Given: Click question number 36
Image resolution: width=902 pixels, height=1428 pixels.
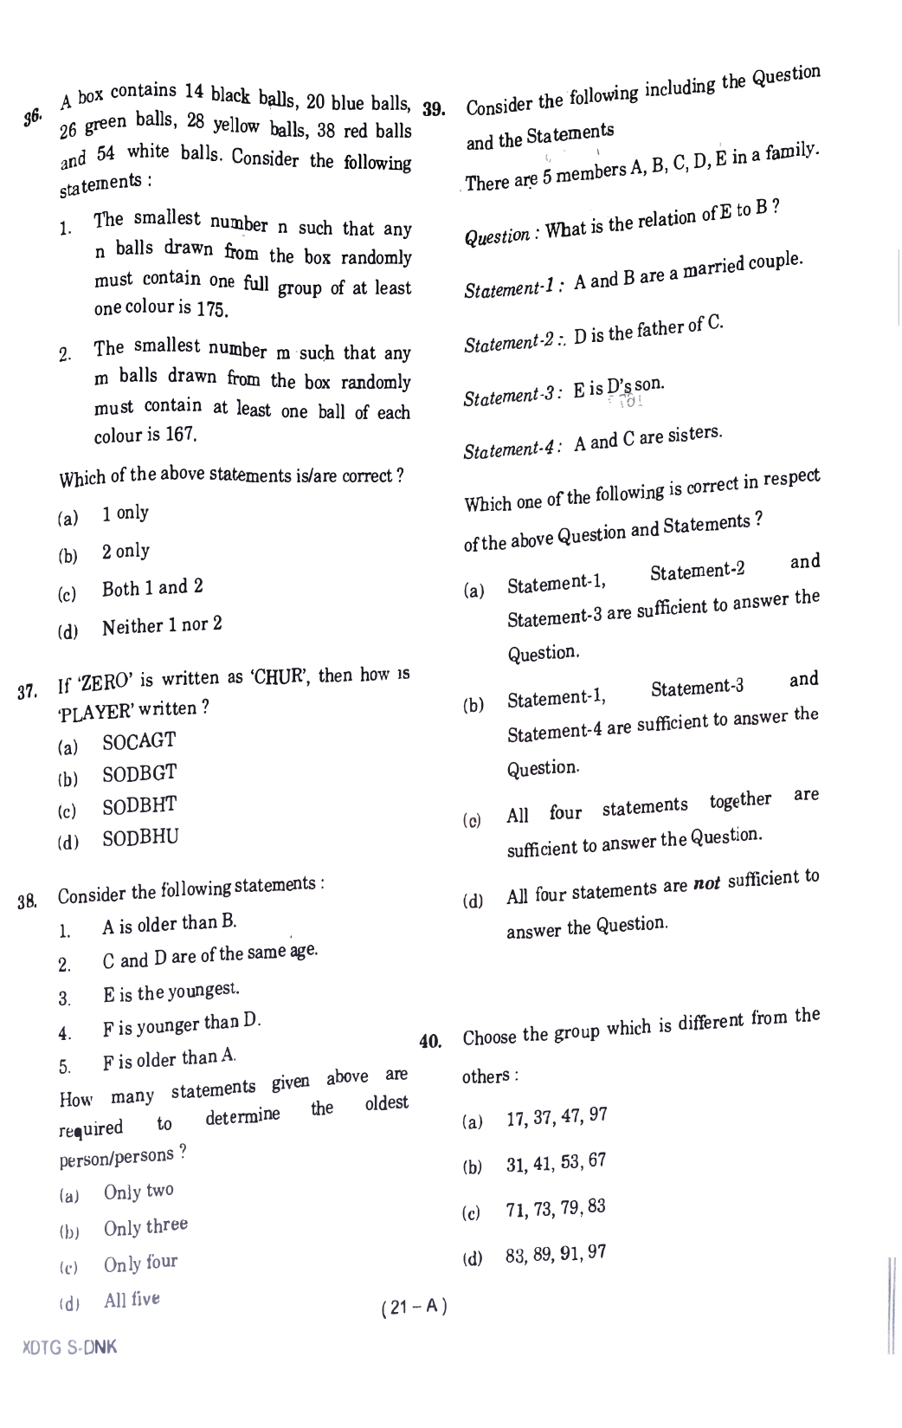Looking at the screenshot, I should (x=32, y=117).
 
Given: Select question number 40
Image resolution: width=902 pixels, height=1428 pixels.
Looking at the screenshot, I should (x=430, y=1042).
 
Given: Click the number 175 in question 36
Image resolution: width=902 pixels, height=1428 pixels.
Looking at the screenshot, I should (x=212, y=310).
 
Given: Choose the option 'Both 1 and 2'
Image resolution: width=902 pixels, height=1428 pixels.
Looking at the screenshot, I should (x=152, y=588).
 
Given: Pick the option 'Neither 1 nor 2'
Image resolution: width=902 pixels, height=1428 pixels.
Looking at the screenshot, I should (x=162, y=625).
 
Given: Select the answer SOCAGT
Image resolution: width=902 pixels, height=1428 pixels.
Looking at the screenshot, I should (x=139, y=742).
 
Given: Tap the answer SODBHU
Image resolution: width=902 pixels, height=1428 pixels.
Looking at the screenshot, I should (x=140, y=838).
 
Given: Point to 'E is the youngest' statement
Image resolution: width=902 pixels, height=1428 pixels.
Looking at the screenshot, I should (x=171, y=992).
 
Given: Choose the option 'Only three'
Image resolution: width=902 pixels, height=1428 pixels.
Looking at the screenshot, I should (x=145, y=1227).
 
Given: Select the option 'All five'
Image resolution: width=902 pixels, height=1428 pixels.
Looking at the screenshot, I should (x=132, y=1300).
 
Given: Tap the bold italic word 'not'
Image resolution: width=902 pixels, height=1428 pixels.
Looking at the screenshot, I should (x=707, y=886).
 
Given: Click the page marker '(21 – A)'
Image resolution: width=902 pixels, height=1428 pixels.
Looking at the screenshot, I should (x=414, y=1308).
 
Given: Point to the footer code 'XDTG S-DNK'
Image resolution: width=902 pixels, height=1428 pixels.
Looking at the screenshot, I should (x=70, y=1348).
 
